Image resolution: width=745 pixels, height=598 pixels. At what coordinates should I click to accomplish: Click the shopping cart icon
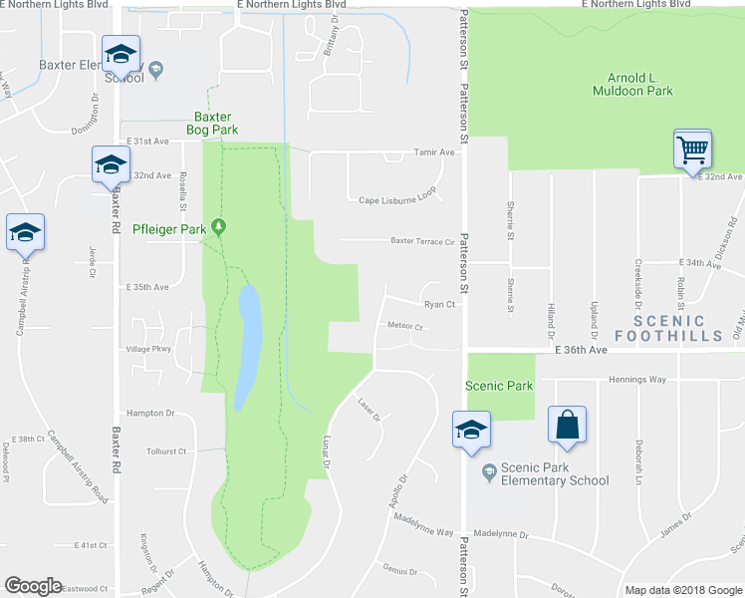[x=692, y=150]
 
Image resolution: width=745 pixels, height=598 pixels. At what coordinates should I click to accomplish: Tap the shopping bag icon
[x=567, y=425]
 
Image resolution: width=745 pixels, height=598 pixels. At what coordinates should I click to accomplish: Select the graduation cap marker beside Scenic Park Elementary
[x=469, y=430]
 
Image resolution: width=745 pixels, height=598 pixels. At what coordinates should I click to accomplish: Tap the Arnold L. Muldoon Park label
[x=640, y=85]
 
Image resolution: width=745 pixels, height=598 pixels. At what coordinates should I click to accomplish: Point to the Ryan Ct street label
[x=439, y=305]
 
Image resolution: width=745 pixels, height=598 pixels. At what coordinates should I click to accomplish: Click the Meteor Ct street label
[x=405, y=326]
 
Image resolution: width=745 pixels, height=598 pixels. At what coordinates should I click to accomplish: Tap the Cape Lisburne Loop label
[x=398, y=200]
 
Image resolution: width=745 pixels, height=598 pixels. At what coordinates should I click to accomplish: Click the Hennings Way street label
[x=636, y=379]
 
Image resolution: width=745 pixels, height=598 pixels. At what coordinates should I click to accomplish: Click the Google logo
[x=33, y=586]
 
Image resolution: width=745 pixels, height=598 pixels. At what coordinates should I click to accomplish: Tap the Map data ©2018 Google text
[x=681, y=590]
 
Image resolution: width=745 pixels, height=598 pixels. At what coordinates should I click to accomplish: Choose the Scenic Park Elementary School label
[x=555, y=473]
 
